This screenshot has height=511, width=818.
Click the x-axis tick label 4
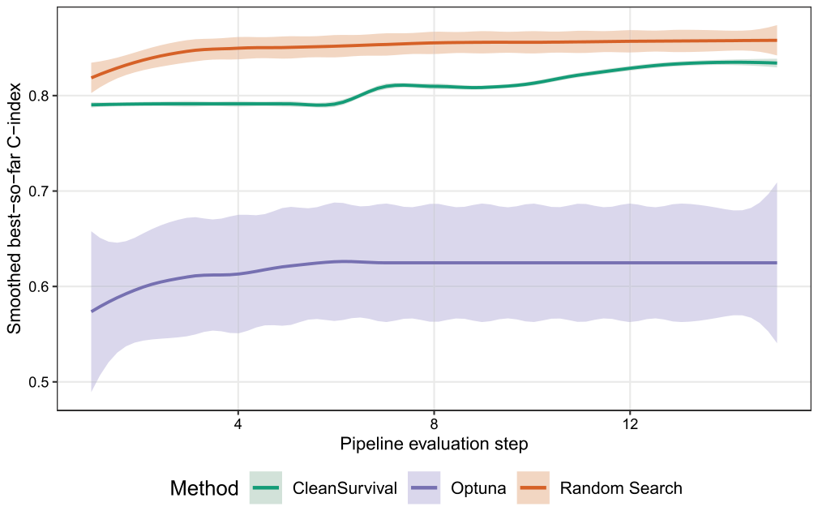tap(238, 423)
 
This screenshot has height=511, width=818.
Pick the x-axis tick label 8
tap(434, 423)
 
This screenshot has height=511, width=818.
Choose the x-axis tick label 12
tap(630, 423)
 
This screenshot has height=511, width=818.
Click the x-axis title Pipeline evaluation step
tap(434, 444)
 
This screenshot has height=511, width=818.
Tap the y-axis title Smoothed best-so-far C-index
tap(14, 208)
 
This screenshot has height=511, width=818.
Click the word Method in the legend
tap(204, 488)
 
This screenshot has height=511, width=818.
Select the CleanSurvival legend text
tap(345, 488)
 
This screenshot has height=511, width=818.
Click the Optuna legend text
tap(478, 488)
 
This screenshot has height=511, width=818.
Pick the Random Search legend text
tap(621, 488)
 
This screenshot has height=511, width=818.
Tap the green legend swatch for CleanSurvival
tap(266, 488)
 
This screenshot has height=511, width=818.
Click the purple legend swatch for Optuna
tap(424, 488)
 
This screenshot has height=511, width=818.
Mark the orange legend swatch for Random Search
tap(533, 488)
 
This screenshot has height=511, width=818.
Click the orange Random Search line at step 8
tap(434, 43)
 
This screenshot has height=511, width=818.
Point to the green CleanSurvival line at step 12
tap(630, 68)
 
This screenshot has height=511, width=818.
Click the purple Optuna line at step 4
tap(238, 274)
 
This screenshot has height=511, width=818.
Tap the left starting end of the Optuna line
tap(92, 311)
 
